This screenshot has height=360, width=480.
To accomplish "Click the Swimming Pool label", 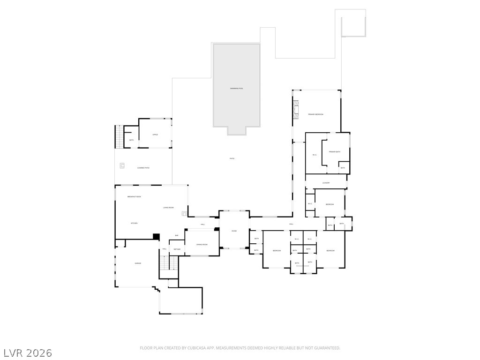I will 237,89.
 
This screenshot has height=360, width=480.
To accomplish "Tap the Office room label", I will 155,135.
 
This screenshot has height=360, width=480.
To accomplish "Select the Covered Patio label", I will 143,168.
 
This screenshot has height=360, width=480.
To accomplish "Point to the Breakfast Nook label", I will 134,197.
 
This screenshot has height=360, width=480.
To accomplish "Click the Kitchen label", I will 134,223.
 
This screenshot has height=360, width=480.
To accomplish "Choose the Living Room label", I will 168,208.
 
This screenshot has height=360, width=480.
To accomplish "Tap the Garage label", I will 138,263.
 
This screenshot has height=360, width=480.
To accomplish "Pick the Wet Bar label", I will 177,249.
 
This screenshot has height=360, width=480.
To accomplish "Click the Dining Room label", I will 202,244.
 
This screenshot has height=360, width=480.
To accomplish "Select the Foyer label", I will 234,231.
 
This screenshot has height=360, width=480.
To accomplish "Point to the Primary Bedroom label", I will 315,114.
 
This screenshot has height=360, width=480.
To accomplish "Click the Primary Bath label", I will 334,152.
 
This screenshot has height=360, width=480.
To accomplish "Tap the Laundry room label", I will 326,183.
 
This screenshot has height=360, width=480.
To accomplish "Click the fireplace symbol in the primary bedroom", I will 295,109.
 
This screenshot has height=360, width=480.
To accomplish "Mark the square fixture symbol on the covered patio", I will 122,165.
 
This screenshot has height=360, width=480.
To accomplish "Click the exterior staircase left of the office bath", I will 119,137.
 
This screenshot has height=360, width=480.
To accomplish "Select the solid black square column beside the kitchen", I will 157,237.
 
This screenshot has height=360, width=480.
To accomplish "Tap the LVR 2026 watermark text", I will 28,352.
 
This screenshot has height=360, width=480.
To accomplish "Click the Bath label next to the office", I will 131,140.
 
